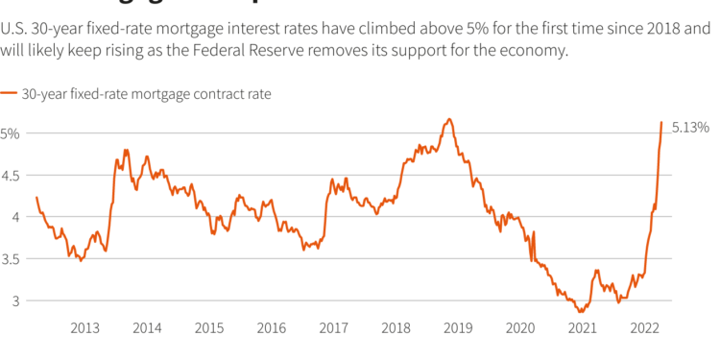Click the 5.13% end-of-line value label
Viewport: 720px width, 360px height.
click(x=690, y=127)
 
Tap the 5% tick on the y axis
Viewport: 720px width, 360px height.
click(x=11, y=133)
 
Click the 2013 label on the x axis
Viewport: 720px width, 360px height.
click(x=85, y=328)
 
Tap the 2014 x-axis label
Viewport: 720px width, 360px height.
click(x=147, y=328)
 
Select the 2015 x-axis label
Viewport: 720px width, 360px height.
click(x=209, y=328)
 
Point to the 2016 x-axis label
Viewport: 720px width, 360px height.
click(x=272, y=328)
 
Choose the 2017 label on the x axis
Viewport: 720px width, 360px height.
click(x=333, y=328)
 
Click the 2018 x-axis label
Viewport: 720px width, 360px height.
click(x=396, y=328)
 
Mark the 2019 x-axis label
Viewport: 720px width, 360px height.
click(x=458, y=328)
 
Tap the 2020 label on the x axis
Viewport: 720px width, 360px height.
click(x=519, y=328)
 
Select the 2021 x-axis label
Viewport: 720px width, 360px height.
click(x=582, y=328)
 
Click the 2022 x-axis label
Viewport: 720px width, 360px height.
click(x=644, y=328)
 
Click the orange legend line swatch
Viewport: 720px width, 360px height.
click(x=9, y=94)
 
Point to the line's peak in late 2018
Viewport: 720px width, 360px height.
click(x=448, y=119)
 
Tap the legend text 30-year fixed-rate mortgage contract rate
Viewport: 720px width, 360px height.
click(x=146, y=94)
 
